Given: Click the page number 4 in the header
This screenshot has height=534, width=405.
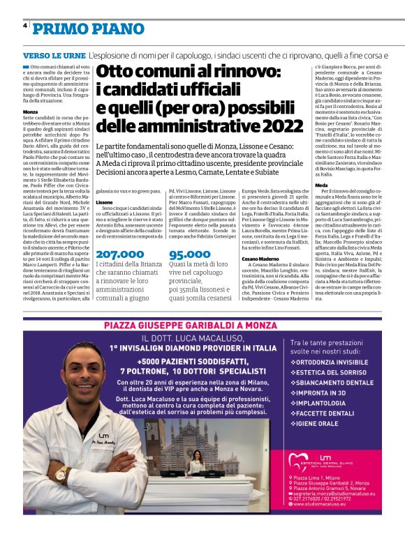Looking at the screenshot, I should click(25, 25).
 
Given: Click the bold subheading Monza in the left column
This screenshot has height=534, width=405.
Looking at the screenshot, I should click(30, 112).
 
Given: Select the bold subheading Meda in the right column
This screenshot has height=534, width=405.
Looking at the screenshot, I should click(321, 185).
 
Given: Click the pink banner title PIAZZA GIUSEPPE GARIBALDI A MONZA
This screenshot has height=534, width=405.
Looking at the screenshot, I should click(202, 326).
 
